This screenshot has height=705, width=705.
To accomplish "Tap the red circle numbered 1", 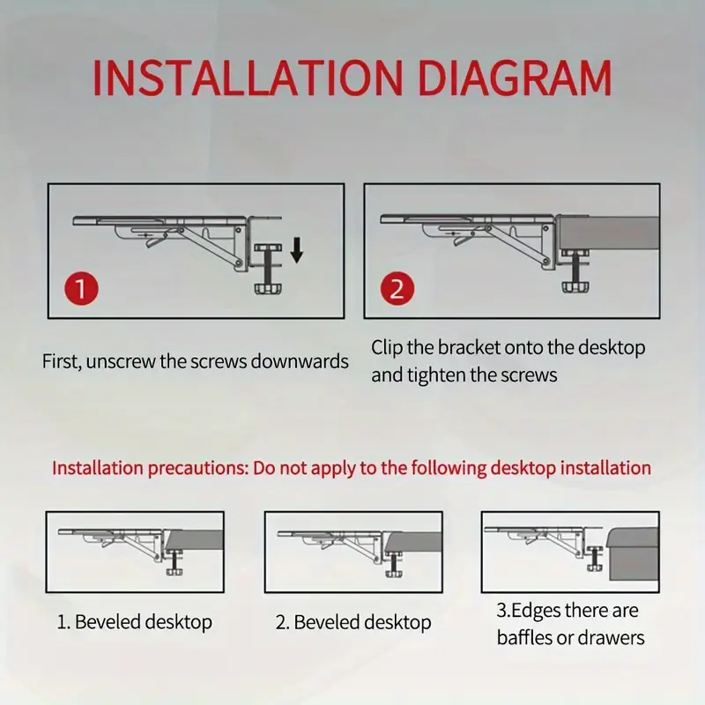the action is (x=81, y=289).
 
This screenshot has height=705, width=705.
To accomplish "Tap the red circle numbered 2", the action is (x=397, y=289).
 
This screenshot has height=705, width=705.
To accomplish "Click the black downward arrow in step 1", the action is (x=297, y=251).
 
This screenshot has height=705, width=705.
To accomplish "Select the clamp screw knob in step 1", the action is (x=267, y=288).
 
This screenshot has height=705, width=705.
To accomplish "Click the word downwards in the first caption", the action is (x=300, y=361).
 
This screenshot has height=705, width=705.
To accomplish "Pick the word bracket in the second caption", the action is (x=469, y=347).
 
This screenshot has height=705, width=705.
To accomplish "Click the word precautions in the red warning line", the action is (x=197, y=469).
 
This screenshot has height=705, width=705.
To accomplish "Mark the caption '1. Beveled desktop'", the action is (x=135, y=622).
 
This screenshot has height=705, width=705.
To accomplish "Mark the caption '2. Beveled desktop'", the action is (x=353, y=622).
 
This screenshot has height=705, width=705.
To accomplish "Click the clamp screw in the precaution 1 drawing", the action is (x=174, y=563).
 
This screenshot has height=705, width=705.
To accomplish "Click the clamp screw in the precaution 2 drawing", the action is (x=393, y=564).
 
